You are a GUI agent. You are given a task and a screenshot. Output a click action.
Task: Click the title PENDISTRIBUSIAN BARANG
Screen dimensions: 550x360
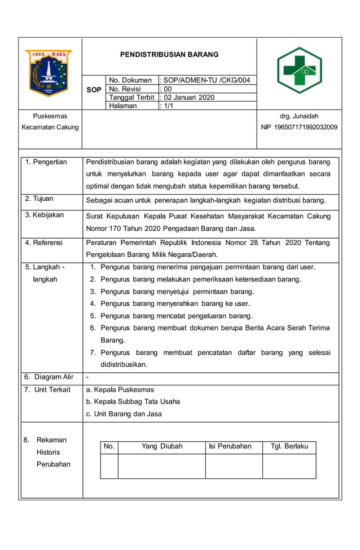tap(169, 55)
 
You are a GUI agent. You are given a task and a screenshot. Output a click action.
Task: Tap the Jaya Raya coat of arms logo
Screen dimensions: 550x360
tap(49, 73)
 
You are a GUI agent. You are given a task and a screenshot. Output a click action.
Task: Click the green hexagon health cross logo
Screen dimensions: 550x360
tap(299, 71)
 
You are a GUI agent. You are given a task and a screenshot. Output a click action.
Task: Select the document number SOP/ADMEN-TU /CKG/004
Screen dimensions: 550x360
tap(207, 80)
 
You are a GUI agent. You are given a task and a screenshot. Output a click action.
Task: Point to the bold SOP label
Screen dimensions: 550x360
tap(94, 90)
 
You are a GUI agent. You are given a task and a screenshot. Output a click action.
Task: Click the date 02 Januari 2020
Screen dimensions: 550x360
tap(189, 97)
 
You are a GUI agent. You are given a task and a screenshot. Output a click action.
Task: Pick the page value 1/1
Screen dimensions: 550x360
tap(168, 105)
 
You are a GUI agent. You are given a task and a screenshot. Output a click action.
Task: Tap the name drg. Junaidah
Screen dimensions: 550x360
tap(299, 116)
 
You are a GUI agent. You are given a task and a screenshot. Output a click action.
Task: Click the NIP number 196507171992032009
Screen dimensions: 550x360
tap(299, 127)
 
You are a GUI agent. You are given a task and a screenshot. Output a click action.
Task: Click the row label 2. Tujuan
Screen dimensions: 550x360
tap(39, 199)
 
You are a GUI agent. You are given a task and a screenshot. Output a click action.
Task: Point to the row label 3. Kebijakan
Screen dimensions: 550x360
tap(45, 215)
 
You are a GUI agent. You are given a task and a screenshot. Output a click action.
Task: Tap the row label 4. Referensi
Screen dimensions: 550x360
tap(44, 243)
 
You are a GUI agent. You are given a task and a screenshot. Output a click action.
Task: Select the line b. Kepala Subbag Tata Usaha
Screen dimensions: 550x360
tap(133, 402)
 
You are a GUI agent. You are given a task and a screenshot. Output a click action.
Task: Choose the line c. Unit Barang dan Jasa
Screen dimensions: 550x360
tap(124, 414)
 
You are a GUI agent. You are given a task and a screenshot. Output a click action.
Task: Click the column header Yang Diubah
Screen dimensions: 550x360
tap(162, 446)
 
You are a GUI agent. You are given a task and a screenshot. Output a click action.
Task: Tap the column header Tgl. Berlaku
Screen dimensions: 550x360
tap(289, 446)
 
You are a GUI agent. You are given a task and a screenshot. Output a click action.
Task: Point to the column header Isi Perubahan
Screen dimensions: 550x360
tap(230, 446)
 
